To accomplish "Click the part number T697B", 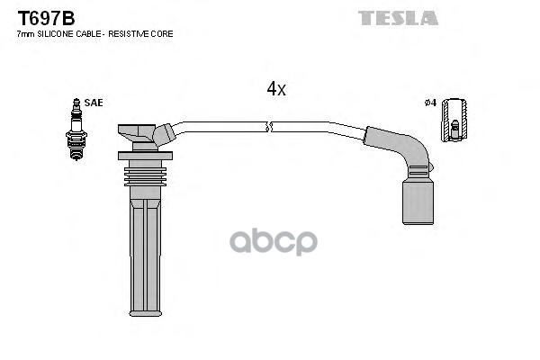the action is coord(46,19).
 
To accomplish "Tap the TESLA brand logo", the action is coord(398,18).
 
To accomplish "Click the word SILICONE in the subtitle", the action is coord(55,34).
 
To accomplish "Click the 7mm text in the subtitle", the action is coord(26,34).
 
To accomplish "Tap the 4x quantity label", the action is coord(276,89).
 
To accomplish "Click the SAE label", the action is coord(94,103).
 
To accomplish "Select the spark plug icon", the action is coord(76,130).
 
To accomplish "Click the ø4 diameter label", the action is coord(430,103).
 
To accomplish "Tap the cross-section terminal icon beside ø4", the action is coord(454,120).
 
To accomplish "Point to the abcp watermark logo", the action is coord(274,241).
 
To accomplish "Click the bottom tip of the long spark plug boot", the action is coord(145,313).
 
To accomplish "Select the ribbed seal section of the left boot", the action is coord(145,176).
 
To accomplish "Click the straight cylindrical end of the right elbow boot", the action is coord(418,202).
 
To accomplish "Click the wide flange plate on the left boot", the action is coord(145,156).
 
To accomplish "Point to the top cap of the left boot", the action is coord(137,133).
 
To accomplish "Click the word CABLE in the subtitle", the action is coord(88,34).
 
